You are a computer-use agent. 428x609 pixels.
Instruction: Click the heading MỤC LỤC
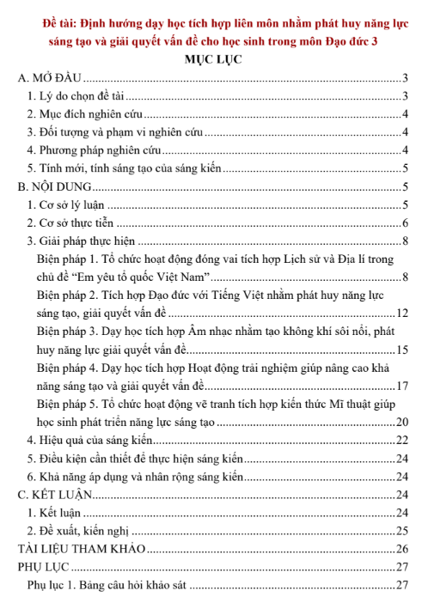pyautogui.click(x=213, y=59)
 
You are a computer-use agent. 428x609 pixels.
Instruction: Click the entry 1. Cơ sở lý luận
pyautogui.click(x=66, y=204)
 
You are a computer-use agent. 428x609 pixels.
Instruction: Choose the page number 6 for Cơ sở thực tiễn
pyautogui.click(x=404, y=222)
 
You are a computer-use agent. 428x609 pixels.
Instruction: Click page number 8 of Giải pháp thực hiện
pyautogui.click(x=404, y=240)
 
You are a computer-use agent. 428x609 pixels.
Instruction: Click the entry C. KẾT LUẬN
pyautogui.click(x=55, y=494)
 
